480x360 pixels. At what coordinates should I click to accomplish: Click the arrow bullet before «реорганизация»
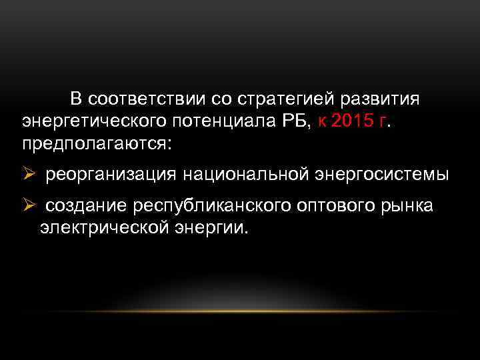[x=28, y=174]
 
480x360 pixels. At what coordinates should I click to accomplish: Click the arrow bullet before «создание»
[x=28, y=206]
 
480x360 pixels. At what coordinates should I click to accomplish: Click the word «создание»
[x=87, y=206]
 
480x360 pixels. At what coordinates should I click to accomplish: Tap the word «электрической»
[x=107, y=228]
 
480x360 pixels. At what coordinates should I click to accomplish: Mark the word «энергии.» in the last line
[x=214, y=228]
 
